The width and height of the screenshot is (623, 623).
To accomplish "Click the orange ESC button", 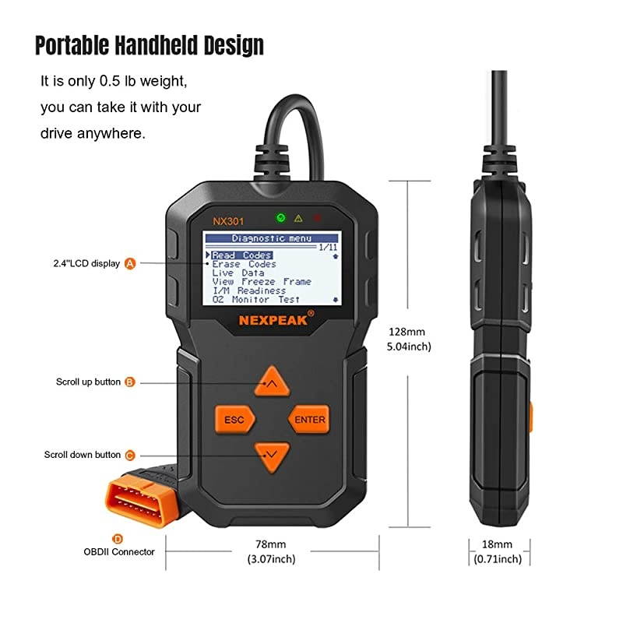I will [234, 420].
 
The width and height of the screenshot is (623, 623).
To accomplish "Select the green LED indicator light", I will [280, 218].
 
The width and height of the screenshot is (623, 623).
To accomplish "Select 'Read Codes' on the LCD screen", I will [242, 255].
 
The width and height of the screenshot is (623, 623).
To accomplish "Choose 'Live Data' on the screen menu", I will [238, 273].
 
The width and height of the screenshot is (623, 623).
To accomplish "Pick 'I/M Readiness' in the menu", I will [249, 290].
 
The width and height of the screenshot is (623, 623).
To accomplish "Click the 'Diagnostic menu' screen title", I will [271, 238].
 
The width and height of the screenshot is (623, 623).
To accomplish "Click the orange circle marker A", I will [130, 263].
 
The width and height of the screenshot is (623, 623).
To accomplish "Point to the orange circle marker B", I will [130, 382].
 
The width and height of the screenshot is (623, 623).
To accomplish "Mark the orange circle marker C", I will [130, 455].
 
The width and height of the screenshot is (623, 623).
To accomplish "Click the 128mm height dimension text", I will [403, 330].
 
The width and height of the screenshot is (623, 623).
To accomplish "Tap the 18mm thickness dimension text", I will [497, 544].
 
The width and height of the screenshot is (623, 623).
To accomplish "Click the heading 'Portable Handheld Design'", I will [150, 46].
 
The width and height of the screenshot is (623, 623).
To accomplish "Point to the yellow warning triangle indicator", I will [297, 219].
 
